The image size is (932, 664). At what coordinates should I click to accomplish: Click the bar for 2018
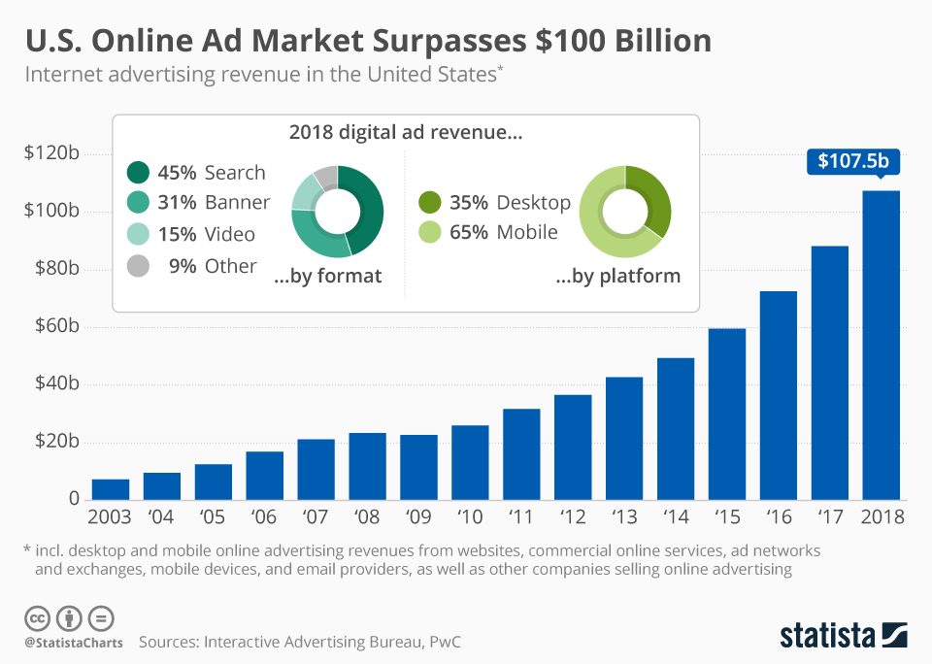(x=881, y=345)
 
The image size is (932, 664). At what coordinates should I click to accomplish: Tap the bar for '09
(x=418, y=467)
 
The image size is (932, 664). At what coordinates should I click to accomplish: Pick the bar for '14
(x=675, y=428)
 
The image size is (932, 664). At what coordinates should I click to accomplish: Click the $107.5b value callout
(x=852, y=160)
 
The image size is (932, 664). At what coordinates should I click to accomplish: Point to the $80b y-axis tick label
(x=52, y=269)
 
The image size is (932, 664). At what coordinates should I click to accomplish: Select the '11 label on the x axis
(x=521, y=516)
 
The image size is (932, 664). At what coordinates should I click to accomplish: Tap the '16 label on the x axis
(x=778, y=516)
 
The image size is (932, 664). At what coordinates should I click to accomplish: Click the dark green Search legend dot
(x=139, y=173)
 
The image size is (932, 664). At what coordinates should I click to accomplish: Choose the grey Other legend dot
(x=139, y=266)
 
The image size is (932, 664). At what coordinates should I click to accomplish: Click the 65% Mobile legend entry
(x=489, y=232)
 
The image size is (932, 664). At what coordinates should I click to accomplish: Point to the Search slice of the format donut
(x=369, y=209)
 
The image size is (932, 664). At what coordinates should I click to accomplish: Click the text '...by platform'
(x=617, y=277)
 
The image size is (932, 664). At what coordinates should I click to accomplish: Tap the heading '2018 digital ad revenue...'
(x=406, y=134)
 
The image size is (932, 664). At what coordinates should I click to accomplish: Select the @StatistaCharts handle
(x=72, y=642)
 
